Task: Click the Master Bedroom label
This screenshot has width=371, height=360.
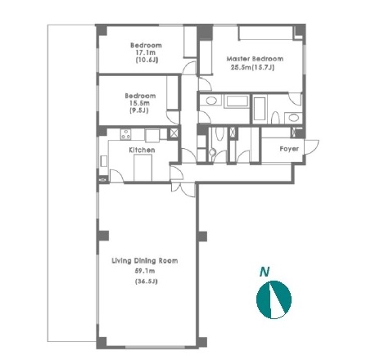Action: pos(255,59)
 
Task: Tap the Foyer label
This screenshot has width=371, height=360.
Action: pos(289,149)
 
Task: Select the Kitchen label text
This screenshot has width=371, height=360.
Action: pos(142,150)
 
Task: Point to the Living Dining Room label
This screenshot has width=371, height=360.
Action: pos(145,261)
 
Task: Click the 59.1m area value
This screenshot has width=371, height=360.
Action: pos(145,271)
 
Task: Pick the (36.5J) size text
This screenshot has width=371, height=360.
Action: pos(147,281)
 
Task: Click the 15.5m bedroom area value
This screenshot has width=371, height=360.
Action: pos(140,103)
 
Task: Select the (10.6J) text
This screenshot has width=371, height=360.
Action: pos(147,60)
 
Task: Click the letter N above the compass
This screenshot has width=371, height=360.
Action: pos(265,272)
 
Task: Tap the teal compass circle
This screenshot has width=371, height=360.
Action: pos(274,299)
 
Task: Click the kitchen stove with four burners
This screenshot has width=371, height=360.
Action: pos(125,134)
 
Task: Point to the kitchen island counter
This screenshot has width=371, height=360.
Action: pos(143,168)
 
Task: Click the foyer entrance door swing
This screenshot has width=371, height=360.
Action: pos(312,146)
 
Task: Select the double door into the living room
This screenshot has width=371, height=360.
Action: pos(183,189)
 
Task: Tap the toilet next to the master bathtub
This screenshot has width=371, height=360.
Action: pos(276,118)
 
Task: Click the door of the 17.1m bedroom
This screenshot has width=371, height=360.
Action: pos(189,68)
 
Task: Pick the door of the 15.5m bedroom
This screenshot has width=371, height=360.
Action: pos(173,117)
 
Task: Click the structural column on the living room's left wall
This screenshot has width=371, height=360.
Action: pos(103,236)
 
